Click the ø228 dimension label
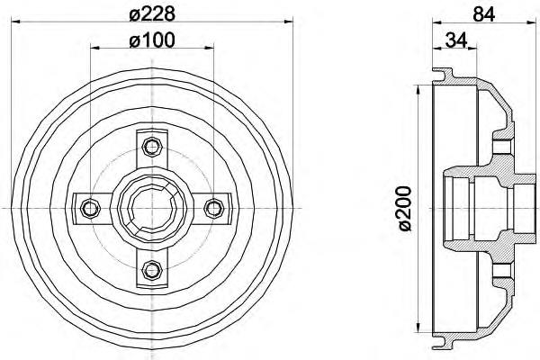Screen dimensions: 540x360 coord(152,14)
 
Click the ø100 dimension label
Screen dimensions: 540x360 coord(152,40)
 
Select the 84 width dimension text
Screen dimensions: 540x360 coord(483,14)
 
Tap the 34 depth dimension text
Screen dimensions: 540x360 coord(456,40)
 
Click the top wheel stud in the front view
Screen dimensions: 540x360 coord(152,147)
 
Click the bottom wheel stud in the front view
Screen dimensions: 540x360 coord(152,270)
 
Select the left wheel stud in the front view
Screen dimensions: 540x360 coord(90,209)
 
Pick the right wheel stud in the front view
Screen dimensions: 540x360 coord(214,209)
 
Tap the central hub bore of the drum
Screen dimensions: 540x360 coord(152,209)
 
